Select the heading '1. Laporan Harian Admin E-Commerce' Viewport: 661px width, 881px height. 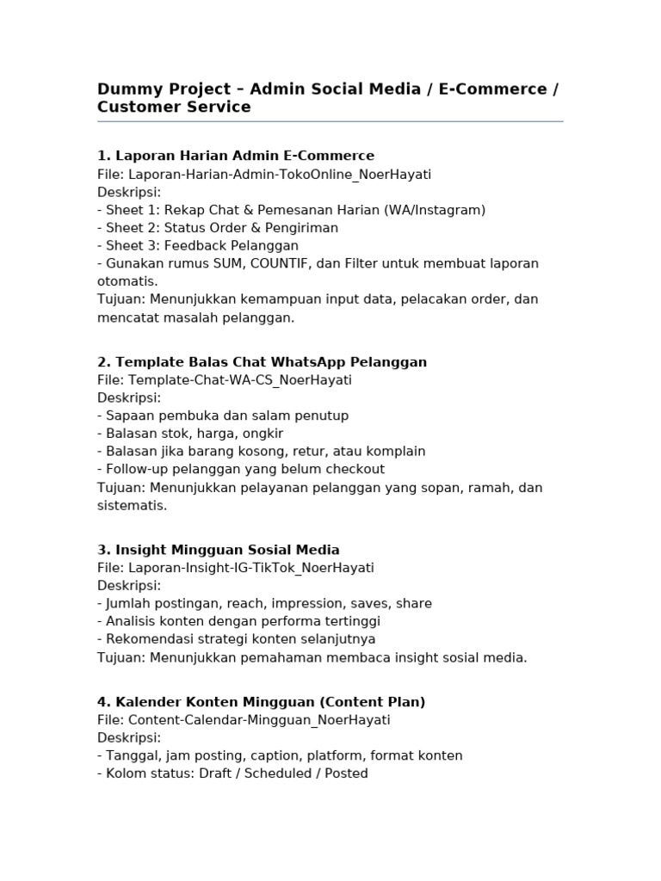coord(236,156)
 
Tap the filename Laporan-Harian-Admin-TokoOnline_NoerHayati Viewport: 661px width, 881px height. coord(280,174)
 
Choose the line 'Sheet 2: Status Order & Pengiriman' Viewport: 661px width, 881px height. coord(222,228)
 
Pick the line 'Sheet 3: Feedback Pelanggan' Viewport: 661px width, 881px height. coord(202,246)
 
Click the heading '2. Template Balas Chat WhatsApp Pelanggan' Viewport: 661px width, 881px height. coord(263,362)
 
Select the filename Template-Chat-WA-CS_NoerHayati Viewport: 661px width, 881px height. coord(240,379)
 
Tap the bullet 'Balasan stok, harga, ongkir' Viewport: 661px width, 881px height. coord(195,434)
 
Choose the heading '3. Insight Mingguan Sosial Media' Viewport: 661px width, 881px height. coord(219,550)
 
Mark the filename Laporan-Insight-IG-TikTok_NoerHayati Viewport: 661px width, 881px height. coord(251,568)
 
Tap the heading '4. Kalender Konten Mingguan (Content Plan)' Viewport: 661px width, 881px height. coord(262,702)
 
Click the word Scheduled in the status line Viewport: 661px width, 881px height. coord(278,773)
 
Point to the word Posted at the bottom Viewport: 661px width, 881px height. coord(346,773)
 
